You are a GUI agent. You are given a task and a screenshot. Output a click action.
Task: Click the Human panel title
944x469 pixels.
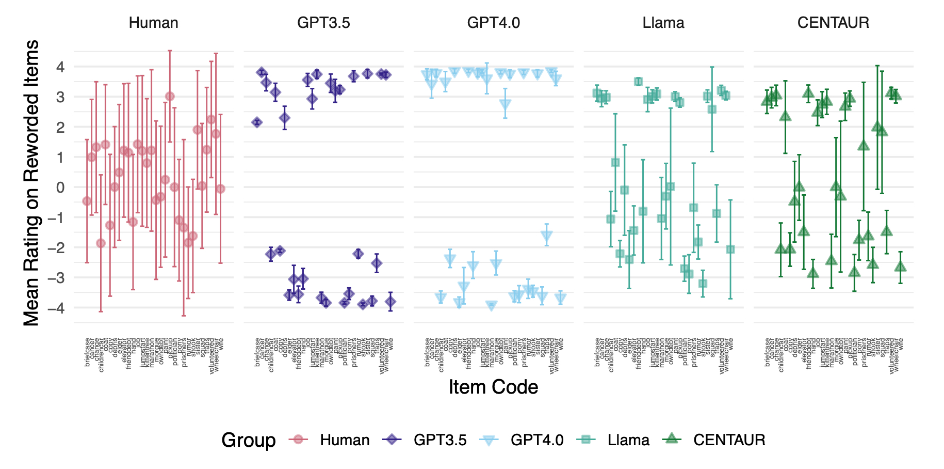153,23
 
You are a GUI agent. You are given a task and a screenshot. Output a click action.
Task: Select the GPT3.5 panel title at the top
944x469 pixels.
323,23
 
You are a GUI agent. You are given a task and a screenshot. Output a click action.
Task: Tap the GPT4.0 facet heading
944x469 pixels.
493,23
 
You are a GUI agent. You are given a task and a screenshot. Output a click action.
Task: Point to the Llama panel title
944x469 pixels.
663,23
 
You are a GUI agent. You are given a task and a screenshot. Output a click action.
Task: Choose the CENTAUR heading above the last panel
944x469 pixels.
833,23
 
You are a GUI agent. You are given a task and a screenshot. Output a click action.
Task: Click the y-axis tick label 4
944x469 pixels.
61,67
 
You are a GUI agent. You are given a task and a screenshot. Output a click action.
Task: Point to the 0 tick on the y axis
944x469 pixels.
61,187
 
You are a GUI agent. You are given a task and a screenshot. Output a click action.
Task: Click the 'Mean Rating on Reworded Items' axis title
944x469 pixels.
32,183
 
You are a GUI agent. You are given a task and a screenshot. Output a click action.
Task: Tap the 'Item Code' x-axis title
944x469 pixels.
493,387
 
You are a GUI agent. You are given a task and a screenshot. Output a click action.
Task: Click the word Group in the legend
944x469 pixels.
249,440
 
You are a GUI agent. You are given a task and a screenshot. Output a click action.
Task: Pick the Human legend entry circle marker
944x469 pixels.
298,440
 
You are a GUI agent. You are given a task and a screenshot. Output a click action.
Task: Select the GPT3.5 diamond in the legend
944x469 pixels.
392,440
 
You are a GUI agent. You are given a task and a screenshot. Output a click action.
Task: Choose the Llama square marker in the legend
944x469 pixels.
585,440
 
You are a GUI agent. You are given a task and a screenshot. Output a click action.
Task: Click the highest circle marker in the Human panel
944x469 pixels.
170,97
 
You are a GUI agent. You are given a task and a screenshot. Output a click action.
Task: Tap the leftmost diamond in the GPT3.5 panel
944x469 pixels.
257,122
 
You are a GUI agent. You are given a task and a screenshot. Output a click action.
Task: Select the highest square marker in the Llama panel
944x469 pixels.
638,82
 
